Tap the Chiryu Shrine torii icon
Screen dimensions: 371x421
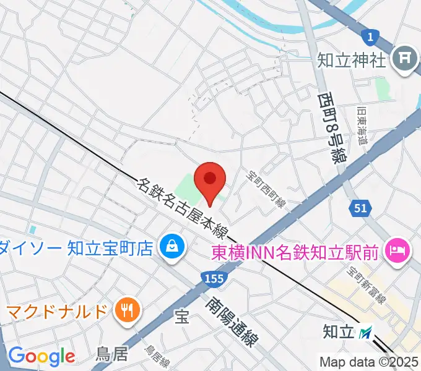[406, 59]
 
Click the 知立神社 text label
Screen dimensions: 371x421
[352, 60]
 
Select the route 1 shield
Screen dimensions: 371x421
[370, 38]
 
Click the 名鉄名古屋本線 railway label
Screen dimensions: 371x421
[182, 208]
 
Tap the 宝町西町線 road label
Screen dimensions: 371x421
[267, 189]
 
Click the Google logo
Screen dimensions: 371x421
[41, 356]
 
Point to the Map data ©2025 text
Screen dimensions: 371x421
[369, 362]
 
